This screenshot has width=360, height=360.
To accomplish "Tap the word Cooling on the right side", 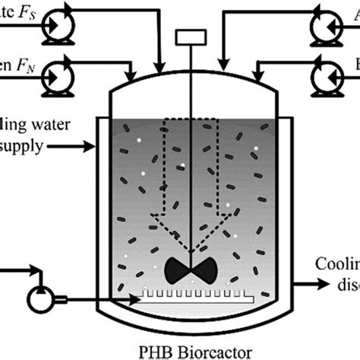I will (337, 264).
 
